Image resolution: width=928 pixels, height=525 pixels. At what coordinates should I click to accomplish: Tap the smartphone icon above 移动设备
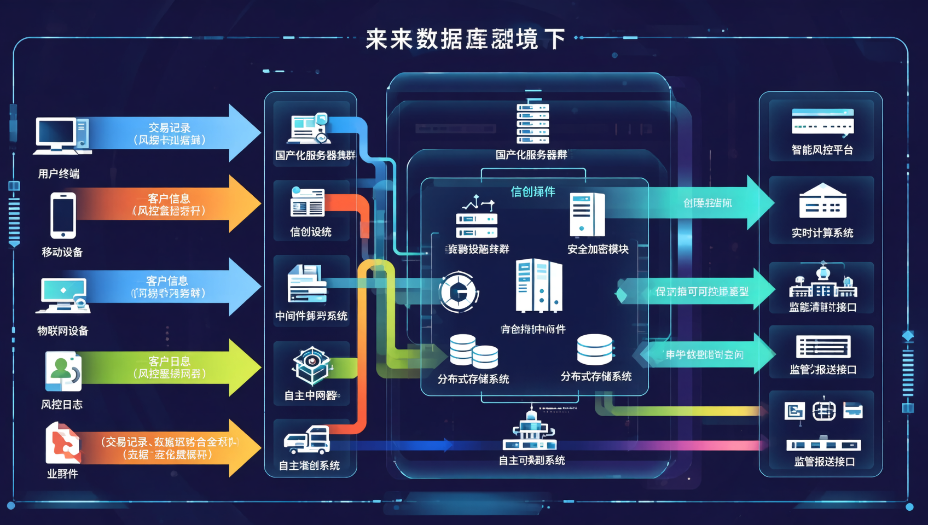point(63,215)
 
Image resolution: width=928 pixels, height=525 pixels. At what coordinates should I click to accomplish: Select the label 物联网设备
point(62,331)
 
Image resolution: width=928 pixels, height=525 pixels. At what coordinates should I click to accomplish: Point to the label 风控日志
point(62,405)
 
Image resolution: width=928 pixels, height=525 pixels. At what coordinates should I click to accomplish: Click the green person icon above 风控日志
point(63,371)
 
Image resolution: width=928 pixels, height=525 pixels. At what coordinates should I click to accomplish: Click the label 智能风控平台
point(822,150)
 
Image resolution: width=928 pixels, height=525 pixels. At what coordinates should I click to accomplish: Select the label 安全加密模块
point(598,249)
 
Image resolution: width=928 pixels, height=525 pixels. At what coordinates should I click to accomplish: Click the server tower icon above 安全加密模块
point(587,214)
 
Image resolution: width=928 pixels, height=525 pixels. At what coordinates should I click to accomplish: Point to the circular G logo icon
point(459,292)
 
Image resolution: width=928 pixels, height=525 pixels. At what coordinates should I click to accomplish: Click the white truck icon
point(307,440)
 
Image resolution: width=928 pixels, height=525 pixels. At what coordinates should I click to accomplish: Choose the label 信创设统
point(310,232)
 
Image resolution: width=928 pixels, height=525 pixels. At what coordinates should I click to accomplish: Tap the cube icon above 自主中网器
point(311,365)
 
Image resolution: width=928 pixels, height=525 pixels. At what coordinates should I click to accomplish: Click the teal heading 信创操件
point(532,191)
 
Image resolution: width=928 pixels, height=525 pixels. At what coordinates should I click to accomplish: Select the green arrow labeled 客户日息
point(170,367)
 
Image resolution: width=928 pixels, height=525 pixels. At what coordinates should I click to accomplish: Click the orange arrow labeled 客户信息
point(170,204)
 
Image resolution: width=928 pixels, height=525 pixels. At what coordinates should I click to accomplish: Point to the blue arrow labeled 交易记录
point(170,133)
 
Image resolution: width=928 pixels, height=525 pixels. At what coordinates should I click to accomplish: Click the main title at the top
point(465,39)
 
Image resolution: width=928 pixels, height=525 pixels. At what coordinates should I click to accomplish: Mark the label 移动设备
point(62,252)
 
